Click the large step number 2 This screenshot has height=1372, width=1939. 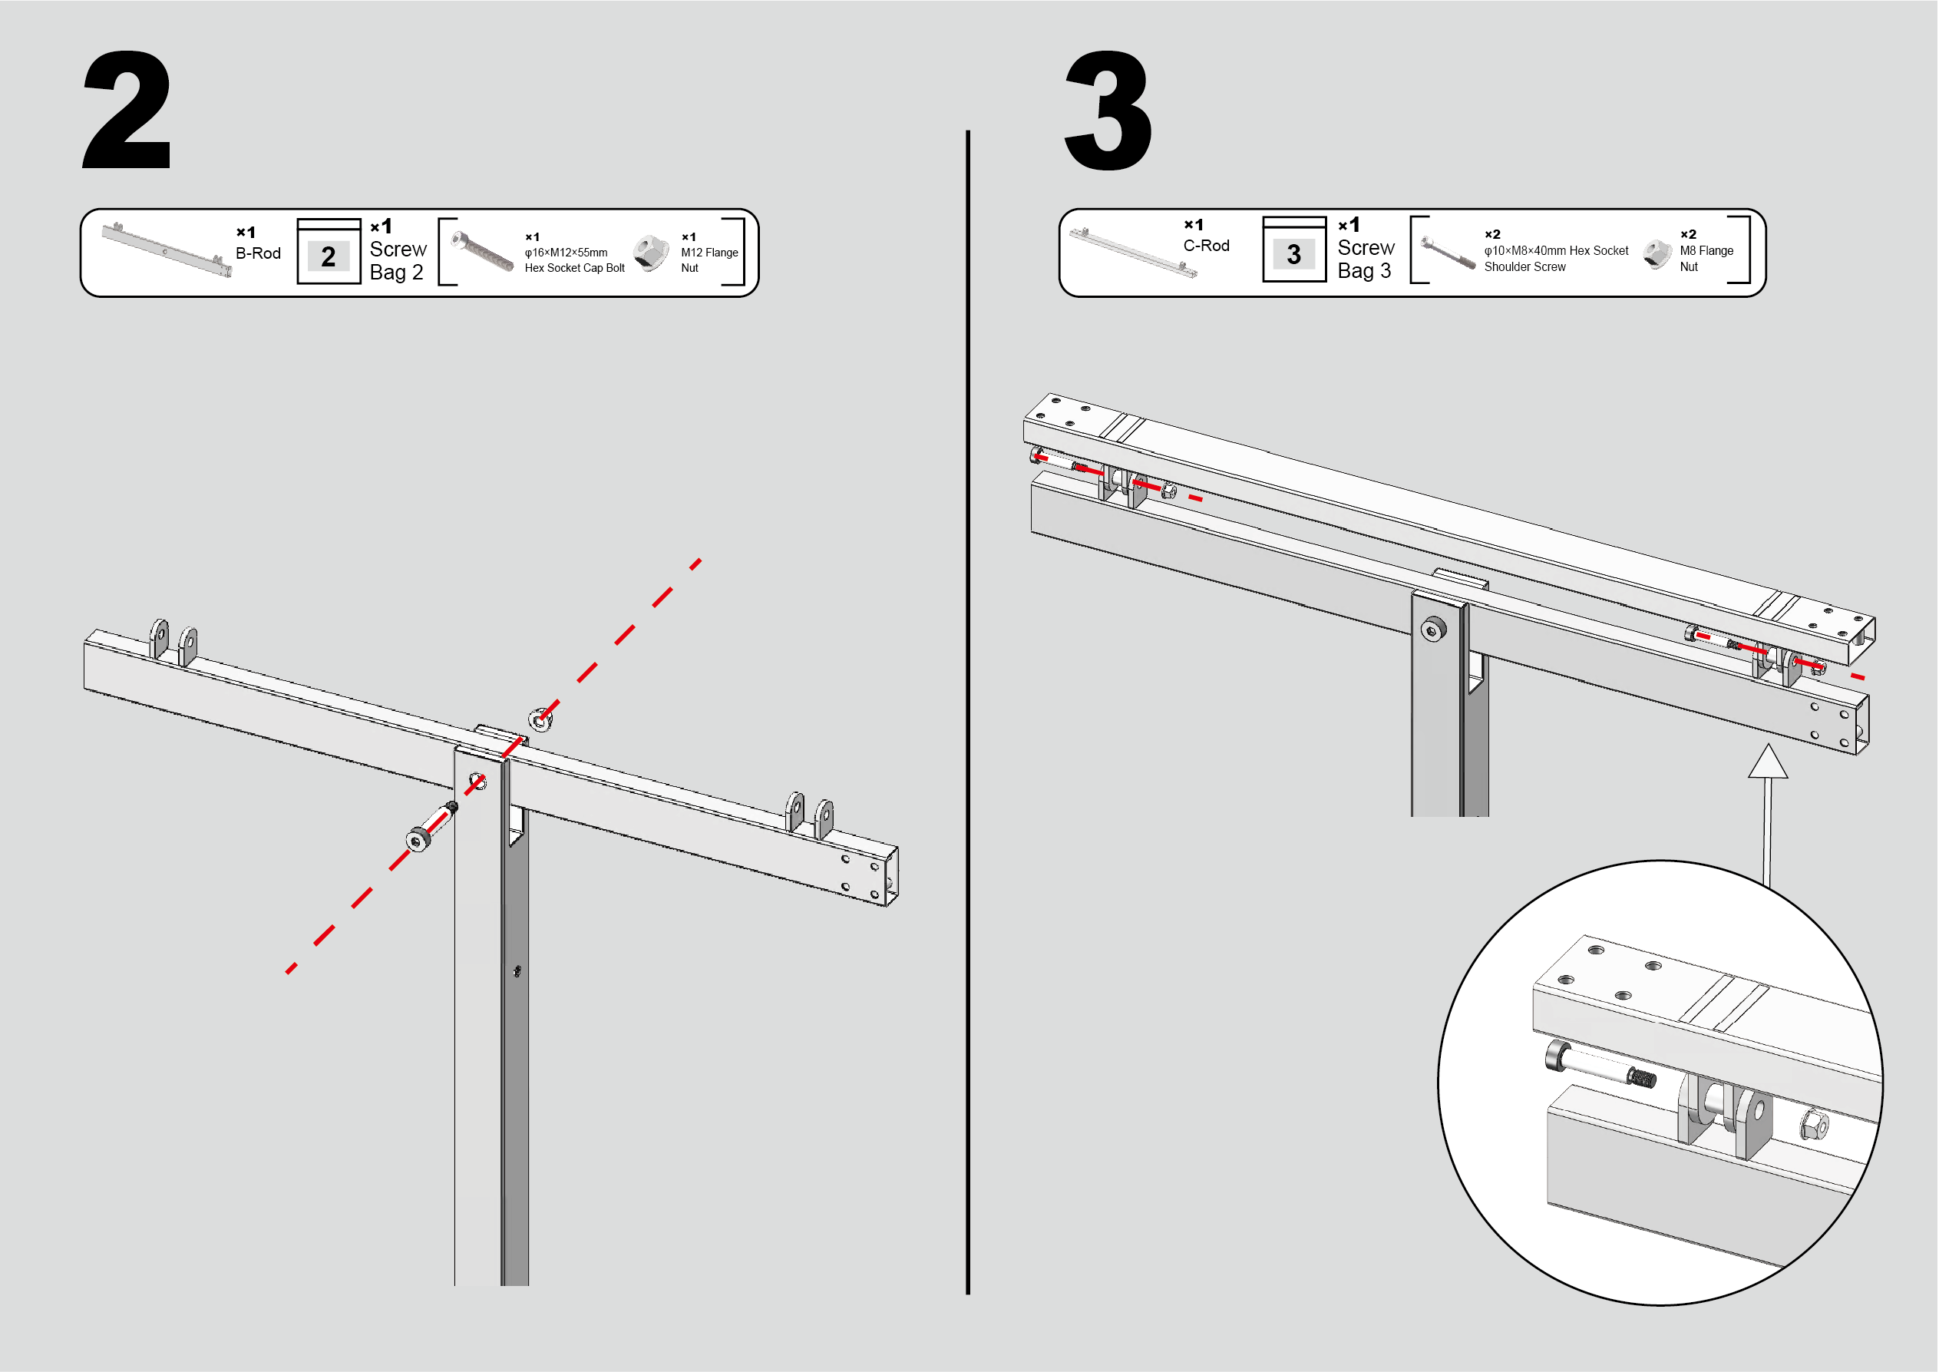pos(127,110)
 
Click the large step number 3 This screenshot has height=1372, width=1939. pos(1108,110)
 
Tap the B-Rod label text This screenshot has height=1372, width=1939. pos(258,253)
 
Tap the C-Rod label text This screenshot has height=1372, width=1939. pos(1206,246)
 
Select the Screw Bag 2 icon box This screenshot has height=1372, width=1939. pos(329,253)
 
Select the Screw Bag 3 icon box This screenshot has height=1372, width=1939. pos(1293,251)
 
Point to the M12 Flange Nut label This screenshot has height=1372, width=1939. pos(709,260)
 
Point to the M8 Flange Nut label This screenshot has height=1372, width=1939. pos(1705,258)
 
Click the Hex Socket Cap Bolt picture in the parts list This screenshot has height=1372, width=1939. pos(482,252)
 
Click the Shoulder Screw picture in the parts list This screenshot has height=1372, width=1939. pos(1447,253)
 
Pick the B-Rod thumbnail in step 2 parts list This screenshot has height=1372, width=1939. pos(167,250)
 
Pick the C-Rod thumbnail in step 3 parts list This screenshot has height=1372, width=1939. pos(1132,252)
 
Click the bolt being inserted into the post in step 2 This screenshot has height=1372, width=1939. pos(431,826)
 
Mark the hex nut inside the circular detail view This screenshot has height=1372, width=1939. pos(1813,1126)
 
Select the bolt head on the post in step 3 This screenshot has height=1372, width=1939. pos(1433,630)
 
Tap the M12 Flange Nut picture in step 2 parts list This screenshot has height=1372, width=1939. pos(650,253)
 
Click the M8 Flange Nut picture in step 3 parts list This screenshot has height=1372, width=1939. pos(1657,253)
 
